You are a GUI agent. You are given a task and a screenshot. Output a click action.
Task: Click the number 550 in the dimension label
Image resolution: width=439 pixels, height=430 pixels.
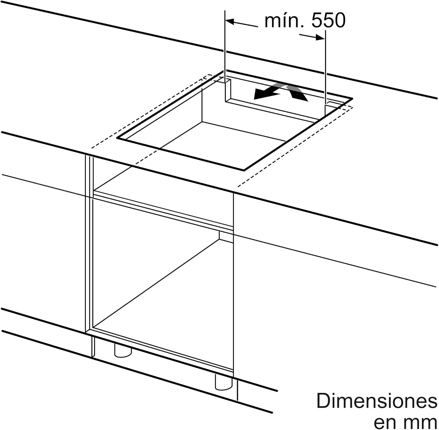point(328,21)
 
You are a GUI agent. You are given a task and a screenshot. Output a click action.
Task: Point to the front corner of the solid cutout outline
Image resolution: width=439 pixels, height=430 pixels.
point(244,170)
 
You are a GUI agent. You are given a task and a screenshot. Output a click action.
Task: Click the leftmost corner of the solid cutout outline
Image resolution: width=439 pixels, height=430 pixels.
point(117,138)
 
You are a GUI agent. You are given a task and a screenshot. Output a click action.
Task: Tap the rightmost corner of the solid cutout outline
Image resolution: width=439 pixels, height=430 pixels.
point(352,99)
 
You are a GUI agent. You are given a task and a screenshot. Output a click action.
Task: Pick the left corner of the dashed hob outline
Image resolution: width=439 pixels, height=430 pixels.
point(92,148)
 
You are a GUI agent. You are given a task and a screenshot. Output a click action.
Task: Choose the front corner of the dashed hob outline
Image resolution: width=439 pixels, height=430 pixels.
point(238,186)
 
